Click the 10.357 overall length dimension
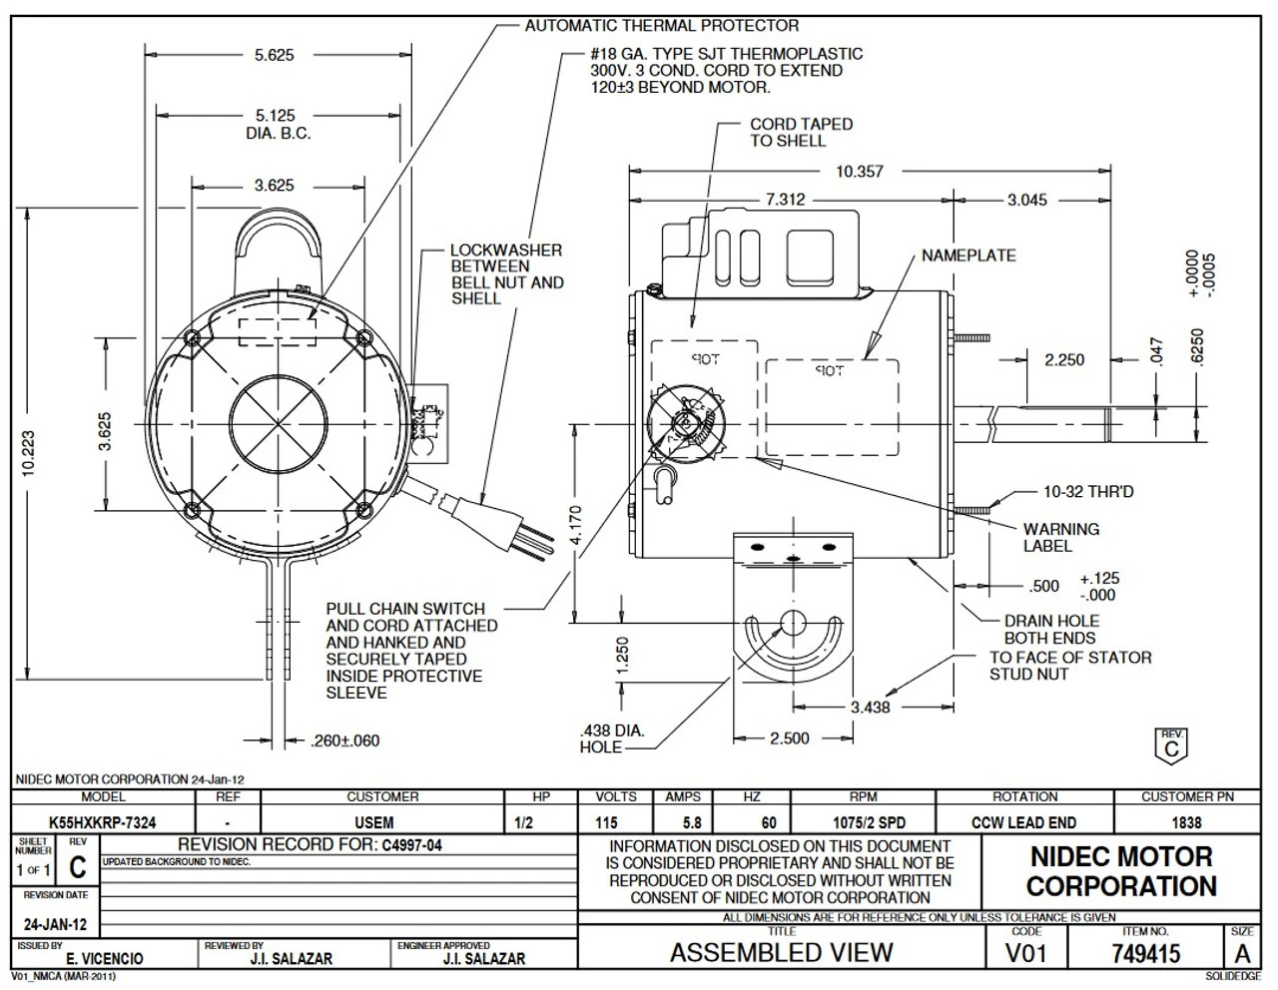pyautogui.click(x=859, y=172)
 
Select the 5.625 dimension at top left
pyautogui.click(x=274, y=56)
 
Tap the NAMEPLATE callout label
pyautogui.click(x=967, y=255)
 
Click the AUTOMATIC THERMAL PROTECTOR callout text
pyautogui.click(x=662, y=25)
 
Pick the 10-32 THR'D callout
pyautogui.click(x=1087, y=492)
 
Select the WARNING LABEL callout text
pyautogui.click(x=1060, y=537)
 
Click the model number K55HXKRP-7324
pyautogui.click(x=102, y=822)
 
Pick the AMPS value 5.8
pyautogui.click(x=691, y=822)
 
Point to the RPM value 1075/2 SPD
pyautogui.click(x=863, y=822)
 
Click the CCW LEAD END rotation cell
pyautogui.click(x=1024, y=822)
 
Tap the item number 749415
pyautogui.click(x=1145, y=954)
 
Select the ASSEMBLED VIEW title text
pyautogui.click(x=781, y=953)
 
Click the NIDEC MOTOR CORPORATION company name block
pyautogui.click(x=1120, y=870)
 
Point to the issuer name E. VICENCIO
pyautogui.click(x=104, y=958)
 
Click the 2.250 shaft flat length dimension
pyautogui.click(x=1064, y=359)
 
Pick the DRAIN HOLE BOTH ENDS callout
pyautogui.click(x=1050, y=629)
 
